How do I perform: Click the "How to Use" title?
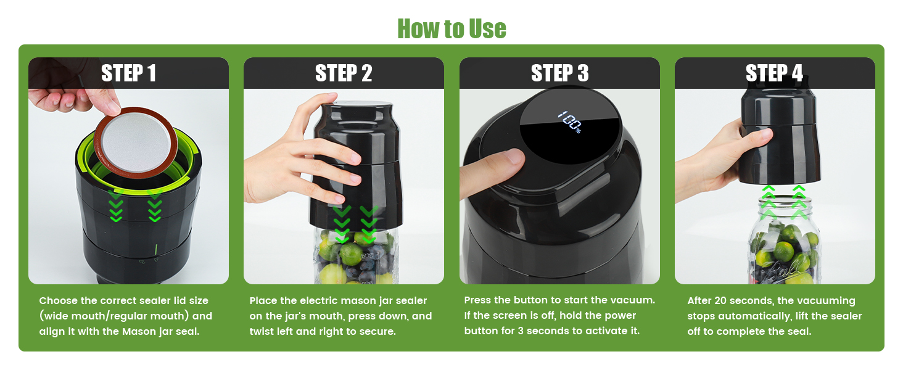[x=451, y=28]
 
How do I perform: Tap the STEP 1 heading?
[x=128, y=73]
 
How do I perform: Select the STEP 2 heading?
[x=344, y=73]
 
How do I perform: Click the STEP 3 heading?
[x=559, y=73]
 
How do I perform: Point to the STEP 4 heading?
[x=774, y=73]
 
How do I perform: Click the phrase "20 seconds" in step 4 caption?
[x=740, y=301]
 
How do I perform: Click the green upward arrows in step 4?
[x=783, y=201]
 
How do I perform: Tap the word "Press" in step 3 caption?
[x=478, y=300]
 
